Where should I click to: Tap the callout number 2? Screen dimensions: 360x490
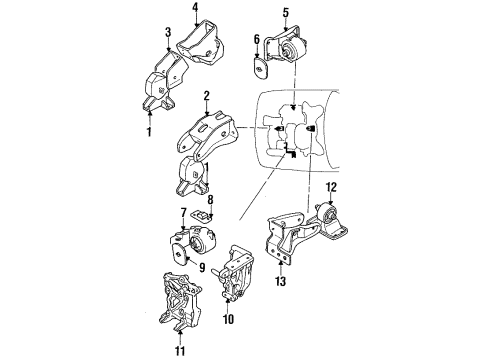205,97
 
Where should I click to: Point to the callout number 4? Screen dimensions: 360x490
196,12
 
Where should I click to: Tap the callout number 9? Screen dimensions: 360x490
201,268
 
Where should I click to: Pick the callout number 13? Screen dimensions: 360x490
280,283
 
